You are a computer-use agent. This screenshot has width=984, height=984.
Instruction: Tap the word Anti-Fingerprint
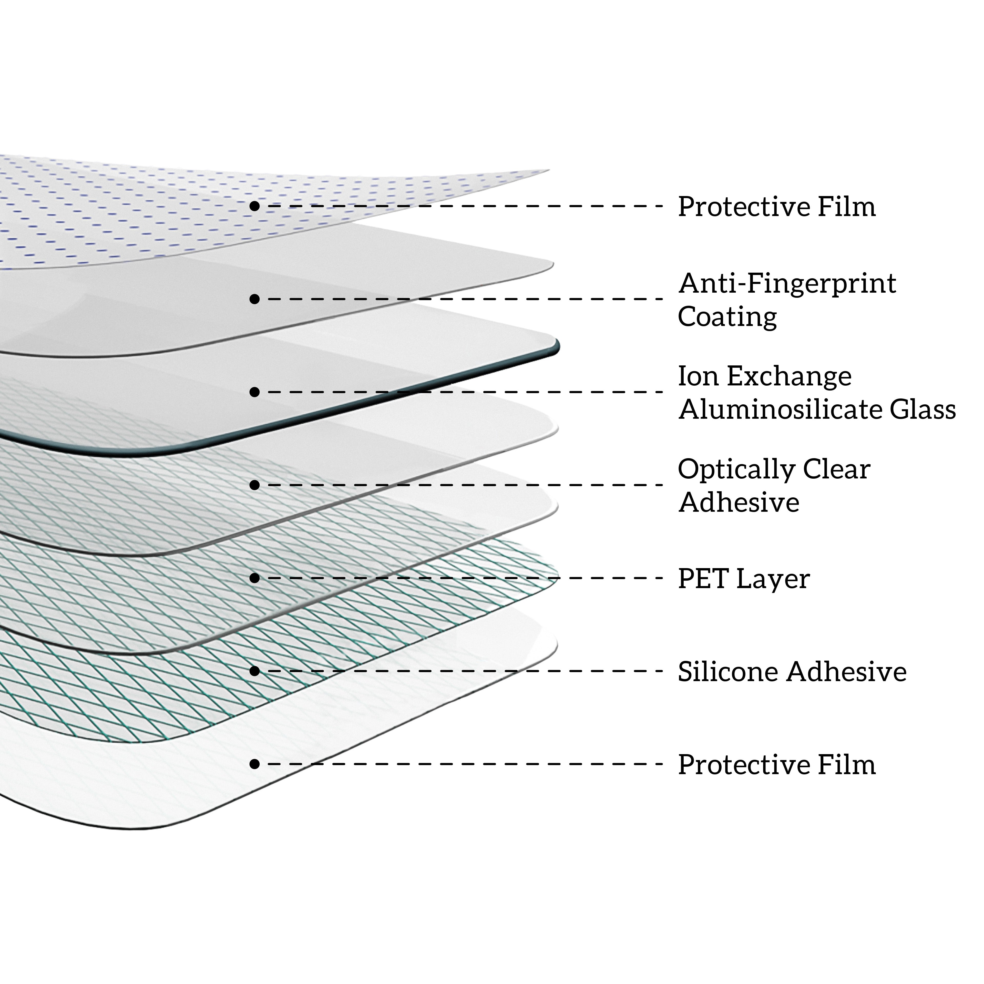click(x=787, y=284)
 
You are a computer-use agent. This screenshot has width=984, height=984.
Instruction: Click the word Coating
click(x=727, y=317)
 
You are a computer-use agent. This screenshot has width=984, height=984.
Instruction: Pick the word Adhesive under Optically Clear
click(x=739, y=503)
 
